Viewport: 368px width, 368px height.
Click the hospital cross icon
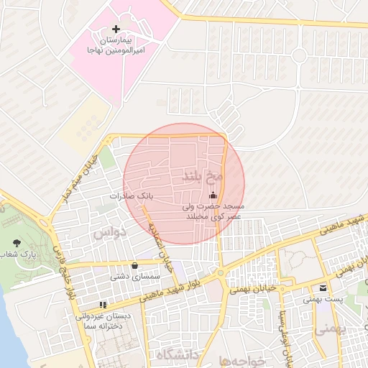click(x=116, y=29)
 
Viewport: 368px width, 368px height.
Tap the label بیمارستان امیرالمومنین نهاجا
click(x=117, y=44)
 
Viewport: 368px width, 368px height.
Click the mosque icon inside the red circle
click(x=212, y=195)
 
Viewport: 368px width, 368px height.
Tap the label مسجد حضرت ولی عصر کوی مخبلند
click(x=213, y=211)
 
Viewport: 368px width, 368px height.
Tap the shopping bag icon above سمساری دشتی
click(x=134, y=265)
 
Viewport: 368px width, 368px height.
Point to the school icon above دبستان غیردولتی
click(x=102, y=305)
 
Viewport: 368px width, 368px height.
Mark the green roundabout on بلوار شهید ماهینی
click(x=220, y=272)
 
